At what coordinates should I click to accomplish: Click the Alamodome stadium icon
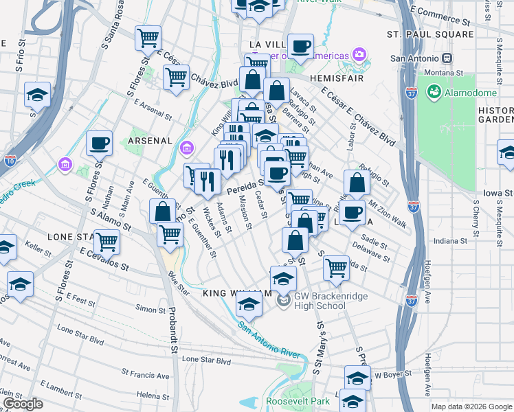coord(434,91)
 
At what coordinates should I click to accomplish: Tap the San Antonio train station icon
coord(447,59)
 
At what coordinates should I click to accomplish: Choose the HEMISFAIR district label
coord(335,79)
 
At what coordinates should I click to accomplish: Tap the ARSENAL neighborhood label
coord(149,141)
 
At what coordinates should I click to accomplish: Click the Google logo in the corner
coord(23,404)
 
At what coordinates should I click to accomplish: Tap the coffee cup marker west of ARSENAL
coord(100,143)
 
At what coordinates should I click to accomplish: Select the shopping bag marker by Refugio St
coord(356,183)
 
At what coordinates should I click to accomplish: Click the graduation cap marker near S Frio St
coord(38,95)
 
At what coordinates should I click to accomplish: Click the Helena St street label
coord(153,396)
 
